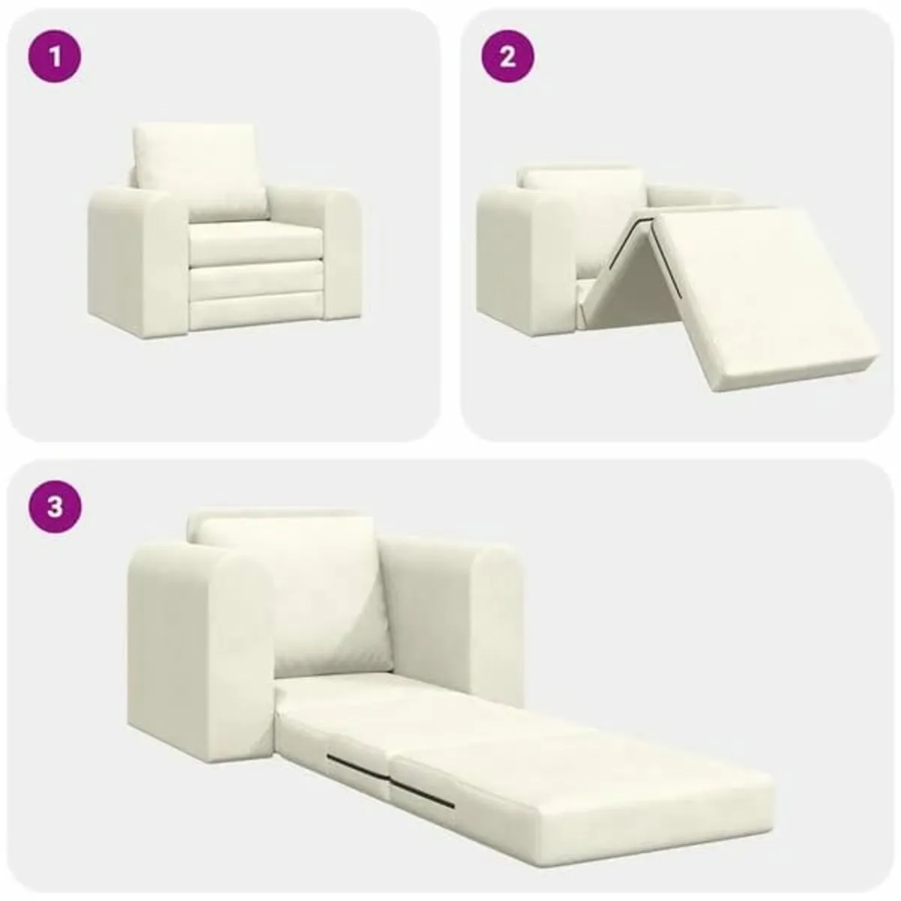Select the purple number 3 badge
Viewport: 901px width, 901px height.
tap(54, 507)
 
